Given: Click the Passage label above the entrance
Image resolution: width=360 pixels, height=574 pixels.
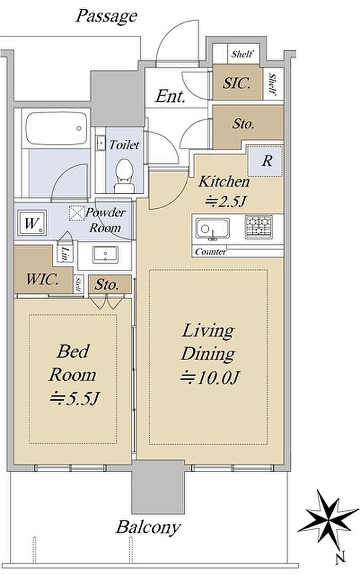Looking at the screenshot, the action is tap(106, 16).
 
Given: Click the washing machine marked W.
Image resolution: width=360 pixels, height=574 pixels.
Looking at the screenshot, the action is tap(31, 223).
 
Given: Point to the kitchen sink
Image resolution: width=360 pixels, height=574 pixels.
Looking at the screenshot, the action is tap(212, 229).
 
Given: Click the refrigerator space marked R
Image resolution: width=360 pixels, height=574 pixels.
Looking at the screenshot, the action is tap(265, 161).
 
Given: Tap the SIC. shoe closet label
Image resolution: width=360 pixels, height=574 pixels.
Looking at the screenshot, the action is tap(237, 83).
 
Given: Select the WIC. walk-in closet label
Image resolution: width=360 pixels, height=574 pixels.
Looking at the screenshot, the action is tap(42, 280).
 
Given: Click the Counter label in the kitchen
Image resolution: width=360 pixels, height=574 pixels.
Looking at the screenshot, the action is tap(210, 251).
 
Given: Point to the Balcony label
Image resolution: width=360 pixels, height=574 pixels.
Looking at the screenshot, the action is tap(148, 527).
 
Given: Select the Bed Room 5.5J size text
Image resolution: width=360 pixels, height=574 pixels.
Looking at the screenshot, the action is tap(75, 398).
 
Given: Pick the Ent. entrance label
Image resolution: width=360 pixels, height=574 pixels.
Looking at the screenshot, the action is tap(170, 96).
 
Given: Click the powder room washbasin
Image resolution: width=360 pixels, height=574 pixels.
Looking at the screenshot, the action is tap(105, 254).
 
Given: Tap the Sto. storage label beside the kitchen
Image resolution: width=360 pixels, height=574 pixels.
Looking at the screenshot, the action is tap(243, 124).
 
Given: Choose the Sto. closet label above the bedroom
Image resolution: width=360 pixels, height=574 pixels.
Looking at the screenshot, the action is tap(106, 285).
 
